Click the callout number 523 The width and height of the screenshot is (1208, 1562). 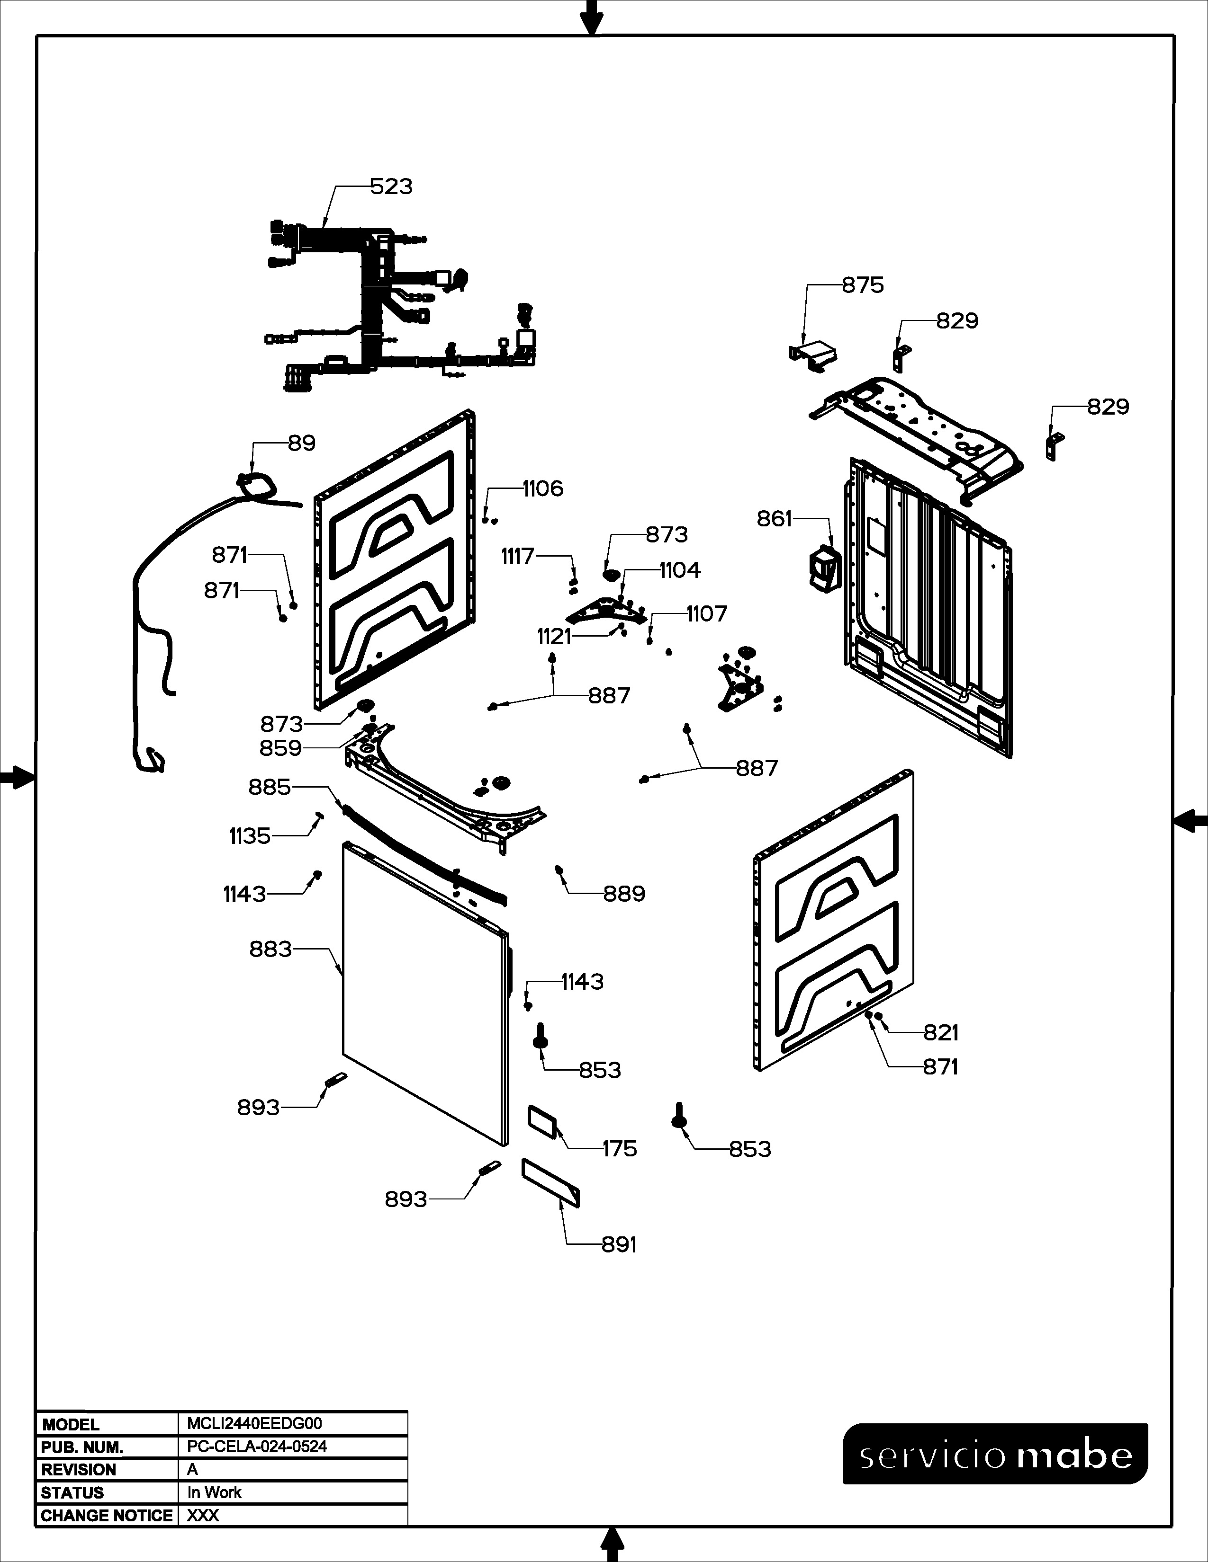tap(391, 186)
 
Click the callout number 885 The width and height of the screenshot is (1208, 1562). tap(270, 788)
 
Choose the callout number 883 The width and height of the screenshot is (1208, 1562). tap(270, 949)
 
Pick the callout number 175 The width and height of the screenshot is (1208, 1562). tap(619, 1149)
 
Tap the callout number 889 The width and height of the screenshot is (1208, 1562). tap(624, 894)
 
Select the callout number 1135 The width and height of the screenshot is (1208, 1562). tap(250, 836)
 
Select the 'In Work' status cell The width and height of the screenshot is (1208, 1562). tap(214, 1492)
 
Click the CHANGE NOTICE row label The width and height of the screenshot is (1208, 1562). tap(107, 1516)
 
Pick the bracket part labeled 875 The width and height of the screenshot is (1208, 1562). tap(812, 355)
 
